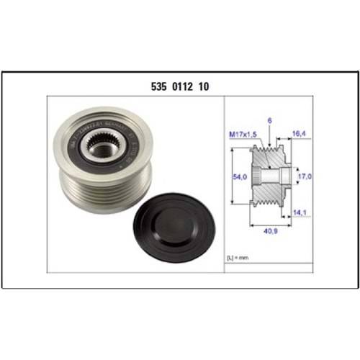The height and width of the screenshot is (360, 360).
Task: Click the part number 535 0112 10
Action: coord(179,86)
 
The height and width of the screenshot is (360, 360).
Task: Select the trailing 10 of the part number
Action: coord(204,86)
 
